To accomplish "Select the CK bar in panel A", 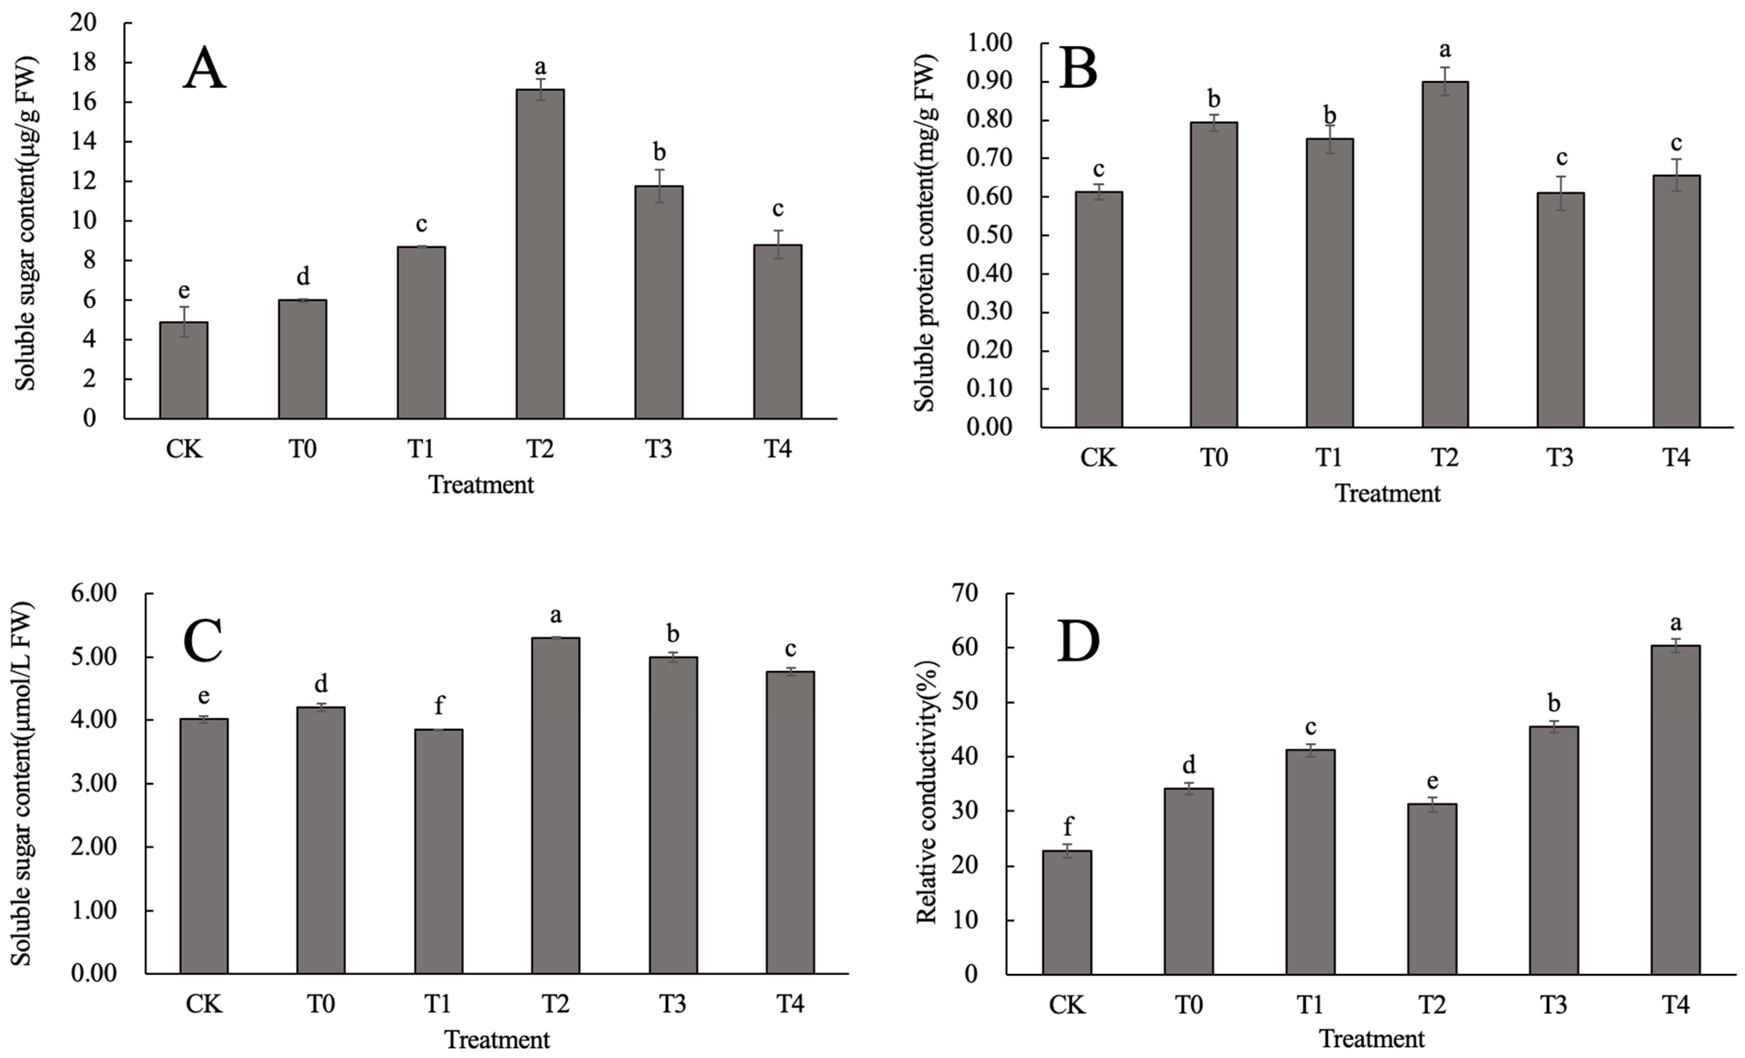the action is click(183, 370).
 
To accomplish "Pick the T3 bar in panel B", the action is click(1560, 310).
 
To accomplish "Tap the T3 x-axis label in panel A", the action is click(659, 449).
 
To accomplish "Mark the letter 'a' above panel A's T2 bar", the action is click(540, 67).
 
